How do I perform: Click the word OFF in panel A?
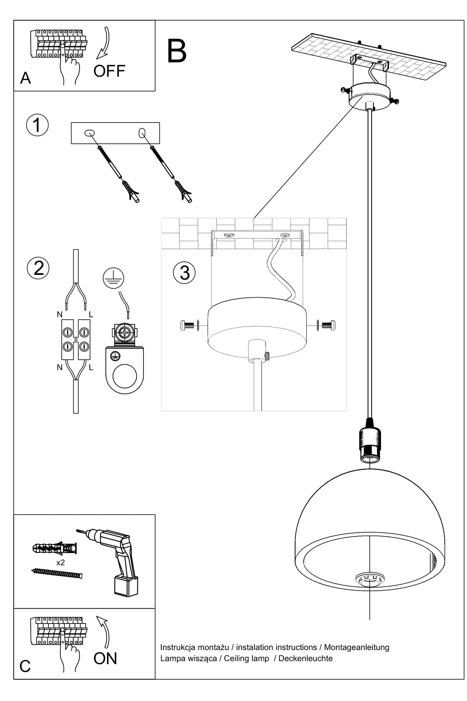click(x=109, y=71)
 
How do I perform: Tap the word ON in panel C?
click(x=105, y=659)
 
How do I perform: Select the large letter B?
click(x=176, y=51)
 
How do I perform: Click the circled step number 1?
click(x=37, y=125)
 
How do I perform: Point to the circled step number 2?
click(x=38, y=268)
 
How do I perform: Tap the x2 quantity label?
click(x=60, y=563)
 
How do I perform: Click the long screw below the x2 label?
click(x=58, y=573)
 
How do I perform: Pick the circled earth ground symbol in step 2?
click(x=113, y=278)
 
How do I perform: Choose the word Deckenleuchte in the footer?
click(x=305, y=658)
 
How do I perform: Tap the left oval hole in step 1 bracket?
click(x=89, y=133)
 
